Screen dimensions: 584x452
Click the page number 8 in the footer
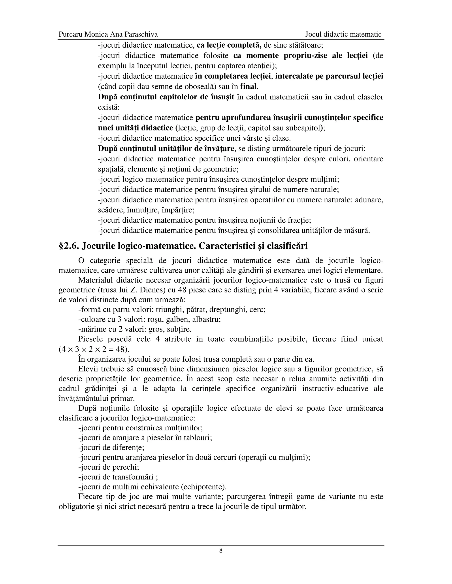pos(221,551)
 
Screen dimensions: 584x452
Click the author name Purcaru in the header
pos(70,35)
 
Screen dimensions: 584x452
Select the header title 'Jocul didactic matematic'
pos(343,35)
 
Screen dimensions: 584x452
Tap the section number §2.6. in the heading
pos(69,246)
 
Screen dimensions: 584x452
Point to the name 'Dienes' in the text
pos(147,290)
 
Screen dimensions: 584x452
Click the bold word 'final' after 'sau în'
pos(248,87)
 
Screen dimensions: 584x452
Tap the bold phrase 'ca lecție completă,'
pos(229,45)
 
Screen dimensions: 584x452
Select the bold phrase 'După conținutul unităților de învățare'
pos(166,148)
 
